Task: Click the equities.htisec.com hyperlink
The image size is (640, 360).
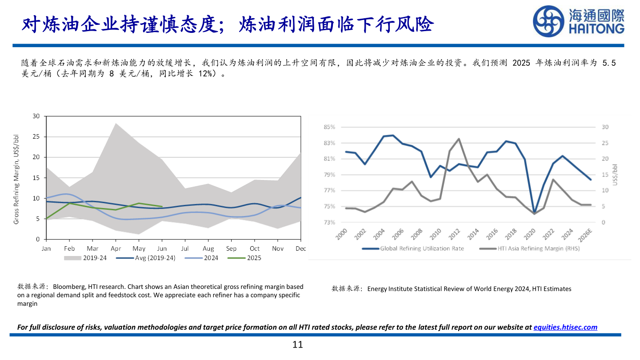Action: click(x=565, y=327)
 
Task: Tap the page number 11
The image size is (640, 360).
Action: click(x=298, y=344)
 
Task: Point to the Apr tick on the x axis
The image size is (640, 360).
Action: click(x=116, y=248)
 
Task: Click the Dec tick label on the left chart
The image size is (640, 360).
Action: click(x=301, y=248)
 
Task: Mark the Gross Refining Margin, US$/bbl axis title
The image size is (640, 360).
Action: click(x=16, y=178)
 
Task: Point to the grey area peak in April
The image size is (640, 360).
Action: click(x=116, y=123)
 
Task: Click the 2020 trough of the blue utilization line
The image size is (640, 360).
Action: click(x=534, y=213)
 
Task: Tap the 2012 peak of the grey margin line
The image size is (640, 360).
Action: click(x=459, y=139)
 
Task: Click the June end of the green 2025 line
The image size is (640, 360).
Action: click(x=162, y=207)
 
